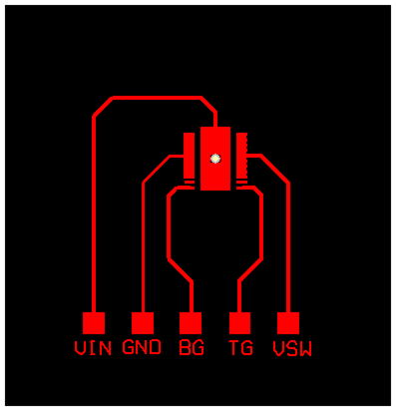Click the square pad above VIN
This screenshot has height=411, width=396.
[x=93, y=323]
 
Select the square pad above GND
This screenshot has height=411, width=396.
[x=143, y=323]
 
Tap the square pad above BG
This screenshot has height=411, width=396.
[x=191, y=323]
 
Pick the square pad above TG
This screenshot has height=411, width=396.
[x=239, y=323]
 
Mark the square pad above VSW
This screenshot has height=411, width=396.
[x=288, y=323]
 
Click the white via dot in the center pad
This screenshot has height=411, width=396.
[x=215, y=158]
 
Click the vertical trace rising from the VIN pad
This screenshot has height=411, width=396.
[x=93, y=219]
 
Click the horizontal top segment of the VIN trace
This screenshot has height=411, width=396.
[x=155, y=98]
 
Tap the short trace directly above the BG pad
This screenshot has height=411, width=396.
[x=191, y=297]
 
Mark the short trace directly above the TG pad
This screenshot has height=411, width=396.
[x=239, y=297]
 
